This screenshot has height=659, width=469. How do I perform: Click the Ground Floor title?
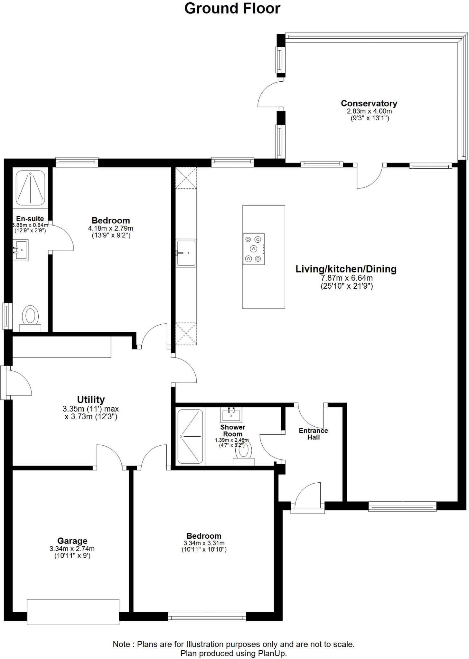232,8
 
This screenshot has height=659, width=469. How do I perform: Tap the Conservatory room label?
369,103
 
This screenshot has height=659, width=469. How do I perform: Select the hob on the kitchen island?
254,249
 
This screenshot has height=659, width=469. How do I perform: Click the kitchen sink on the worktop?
186,253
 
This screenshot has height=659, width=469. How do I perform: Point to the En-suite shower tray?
30,188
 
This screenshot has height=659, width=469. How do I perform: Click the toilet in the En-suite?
30,317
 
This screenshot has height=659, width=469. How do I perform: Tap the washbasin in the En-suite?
21,250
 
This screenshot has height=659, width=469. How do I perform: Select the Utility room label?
91,399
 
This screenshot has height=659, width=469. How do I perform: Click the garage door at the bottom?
73,612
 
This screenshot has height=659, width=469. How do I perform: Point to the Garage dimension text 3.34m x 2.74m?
72,549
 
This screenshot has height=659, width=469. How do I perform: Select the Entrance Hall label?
313,434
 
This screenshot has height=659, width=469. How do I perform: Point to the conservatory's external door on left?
270,94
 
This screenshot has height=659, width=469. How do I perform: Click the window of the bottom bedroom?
207,617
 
